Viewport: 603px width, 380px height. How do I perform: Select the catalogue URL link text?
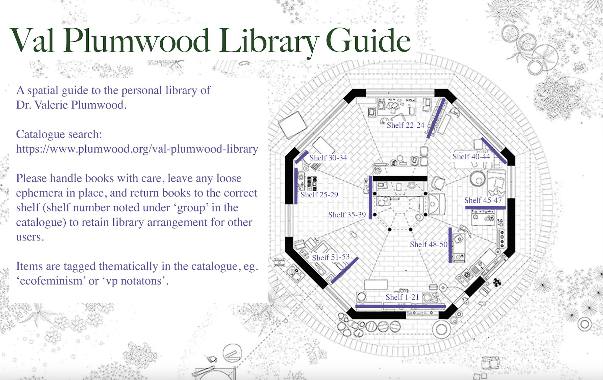pyautogui.click(x=137, y=149)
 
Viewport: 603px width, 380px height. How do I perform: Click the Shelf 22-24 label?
pyautogui.click(x=405, y=125)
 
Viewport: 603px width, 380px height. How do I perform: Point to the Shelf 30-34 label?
pyautogui.click(x=328, y=158)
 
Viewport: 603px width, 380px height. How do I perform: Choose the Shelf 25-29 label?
pyautogui.click(x=319, y=195)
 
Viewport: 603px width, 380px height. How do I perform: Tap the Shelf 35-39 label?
pyautogui.click(x=347, y=215)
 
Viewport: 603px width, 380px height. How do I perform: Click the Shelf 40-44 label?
pyautogui.click(x=471, y=157)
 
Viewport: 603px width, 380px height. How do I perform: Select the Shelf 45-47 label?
pyautogui.click(x=483, y=200)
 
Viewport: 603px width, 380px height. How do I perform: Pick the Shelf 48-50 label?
pyautogui.click(x=429, y=244)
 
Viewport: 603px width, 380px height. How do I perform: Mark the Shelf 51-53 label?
pyautogui.click(x=331, y=257)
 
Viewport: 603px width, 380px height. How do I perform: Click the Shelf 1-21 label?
pyautogui.click(x=402, y=297)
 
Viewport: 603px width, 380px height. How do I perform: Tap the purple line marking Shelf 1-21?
pyautogui.click(x=400, y=306)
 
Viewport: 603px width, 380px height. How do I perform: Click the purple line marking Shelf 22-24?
pyautogui.click(x=436, y=118)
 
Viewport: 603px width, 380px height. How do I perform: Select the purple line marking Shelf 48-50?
pyautogui.click(x=450, y=245)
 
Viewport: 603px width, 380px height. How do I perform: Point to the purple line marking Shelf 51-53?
pyautogui.click(x=344, y=270)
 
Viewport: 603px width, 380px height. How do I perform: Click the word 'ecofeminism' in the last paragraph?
pyautogui.click(x=51, y=281)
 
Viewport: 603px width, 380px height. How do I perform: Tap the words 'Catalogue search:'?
pyautogui.click(x=59, y=134)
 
